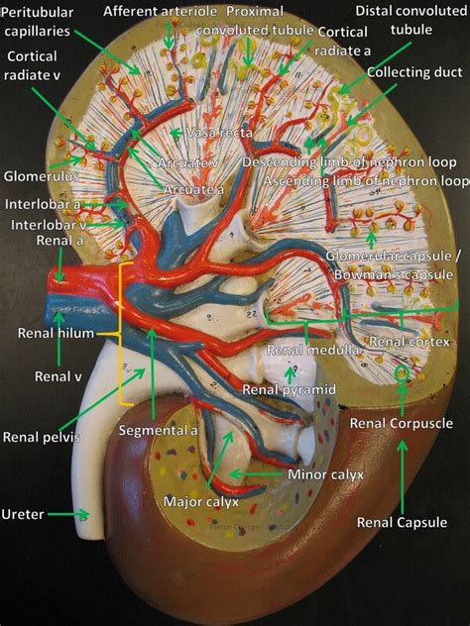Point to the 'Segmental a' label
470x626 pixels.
click(159, 431)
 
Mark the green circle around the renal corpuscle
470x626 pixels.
click(403, 373)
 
